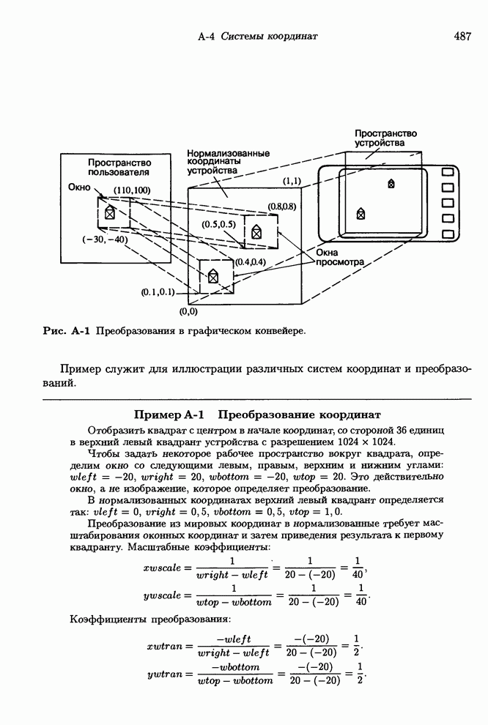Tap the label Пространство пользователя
tap(119, 167)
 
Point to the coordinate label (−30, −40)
tap(105, 239)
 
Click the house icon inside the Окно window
tap(109, 212)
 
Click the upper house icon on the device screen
tap(391, 183)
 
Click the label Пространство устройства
tap(385, 138)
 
